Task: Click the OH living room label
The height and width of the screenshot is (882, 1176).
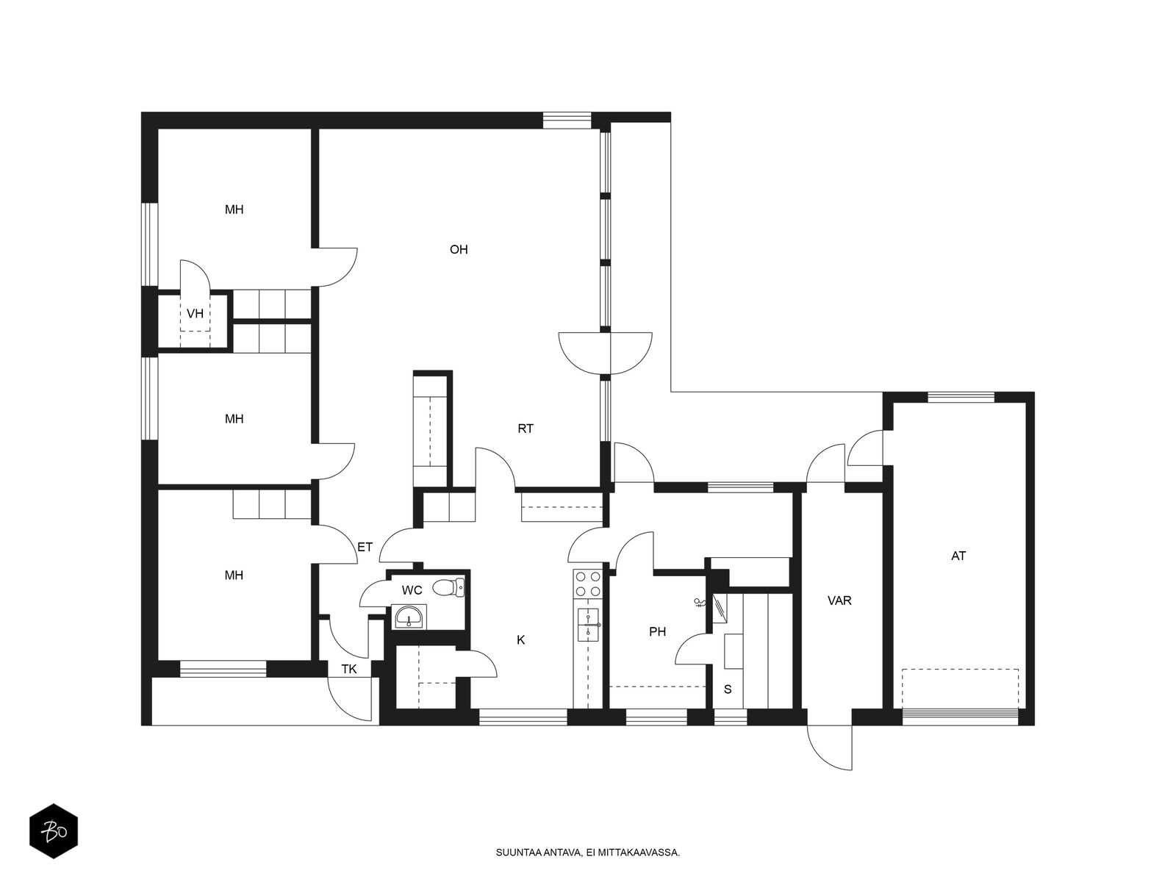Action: tap(459, 250)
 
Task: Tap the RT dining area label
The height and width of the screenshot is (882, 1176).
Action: tap(525, 429)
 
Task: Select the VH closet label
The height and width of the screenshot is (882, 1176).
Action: tap(195, 313)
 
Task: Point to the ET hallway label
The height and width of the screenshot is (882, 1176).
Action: tap(365, 547)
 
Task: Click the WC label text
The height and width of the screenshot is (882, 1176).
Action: tap(412, 590)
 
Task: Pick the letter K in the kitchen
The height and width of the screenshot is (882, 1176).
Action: tap(521, 639)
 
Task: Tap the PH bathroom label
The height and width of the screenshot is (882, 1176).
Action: tap(657, 631)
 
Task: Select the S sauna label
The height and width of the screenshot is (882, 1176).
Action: tap(728, 689)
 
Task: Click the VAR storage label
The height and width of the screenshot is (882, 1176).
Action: tap(839, 600)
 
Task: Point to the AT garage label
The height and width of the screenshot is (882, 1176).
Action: tap(958, 556)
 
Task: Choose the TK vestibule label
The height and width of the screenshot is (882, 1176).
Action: tap(349, 669)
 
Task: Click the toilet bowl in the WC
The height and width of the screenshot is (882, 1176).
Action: tap(448, 588)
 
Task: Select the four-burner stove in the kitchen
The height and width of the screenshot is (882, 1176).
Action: tap(588, 584)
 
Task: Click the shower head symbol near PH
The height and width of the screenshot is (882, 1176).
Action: tap(700, 603)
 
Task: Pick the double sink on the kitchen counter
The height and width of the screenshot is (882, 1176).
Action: tap(588, 625)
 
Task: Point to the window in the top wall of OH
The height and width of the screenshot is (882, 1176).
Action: tap(567, 121)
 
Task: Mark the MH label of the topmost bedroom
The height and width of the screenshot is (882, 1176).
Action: tap(234, 209)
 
